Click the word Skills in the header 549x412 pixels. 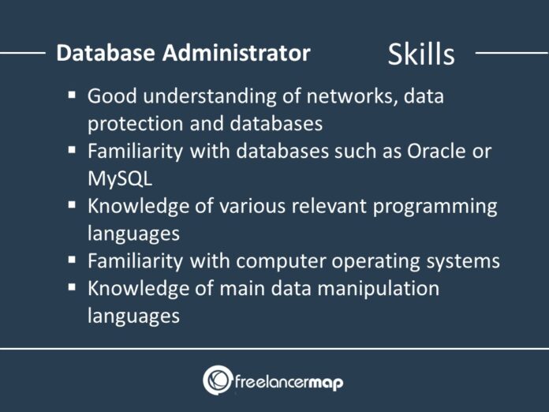(x=420, y=54)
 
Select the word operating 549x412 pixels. (x=380, y=260)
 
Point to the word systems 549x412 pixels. (x=465, y=260)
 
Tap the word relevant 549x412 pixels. (x=331, y=206)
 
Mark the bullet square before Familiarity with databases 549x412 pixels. (x=72, y=149)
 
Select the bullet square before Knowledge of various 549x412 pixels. (x=72, y=204)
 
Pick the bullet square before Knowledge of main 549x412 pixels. (x=72, y=287)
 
